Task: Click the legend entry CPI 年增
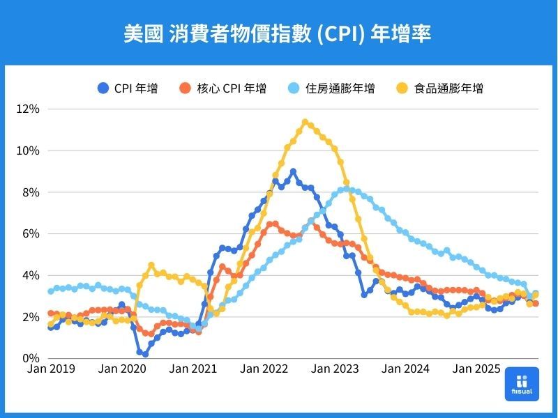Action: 128,88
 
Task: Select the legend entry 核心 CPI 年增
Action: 223,88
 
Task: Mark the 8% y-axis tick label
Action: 31,192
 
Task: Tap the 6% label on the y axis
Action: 31,234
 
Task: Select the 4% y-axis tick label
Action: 31,275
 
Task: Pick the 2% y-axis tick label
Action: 31,317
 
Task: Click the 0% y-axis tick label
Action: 31,358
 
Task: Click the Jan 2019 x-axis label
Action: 51,369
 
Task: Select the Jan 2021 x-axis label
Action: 193,369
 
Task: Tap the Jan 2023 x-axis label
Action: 335,369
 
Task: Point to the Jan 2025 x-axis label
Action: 478,369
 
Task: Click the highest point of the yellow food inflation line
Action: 305,123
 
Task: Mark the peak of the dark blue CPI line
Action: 293,171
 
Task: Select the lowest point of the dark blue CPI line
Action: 145,354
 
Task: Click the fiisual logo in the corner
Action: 522,384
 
